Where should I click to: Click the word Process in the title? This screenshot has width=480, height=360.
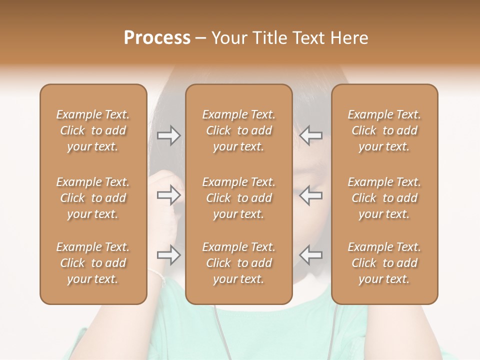pyautogui.click(x=157, y=38)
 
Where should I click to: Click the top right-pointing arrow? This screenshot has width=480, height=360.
pyautogui.click(x=169, y=135)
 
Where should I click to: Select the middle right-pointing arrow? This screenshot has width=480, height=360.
pyautogui.click(x=169, y=195)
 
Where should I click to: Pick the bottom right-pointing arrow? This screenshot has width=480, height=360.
pyautogui.click(x=169, y=255)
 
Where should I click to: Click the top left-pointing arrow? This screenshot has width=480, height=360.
pyautogui.click(x=311, y=135)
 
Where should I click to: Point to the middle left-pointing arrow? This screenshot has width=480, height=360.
pyautogui.click(x=311, y=195)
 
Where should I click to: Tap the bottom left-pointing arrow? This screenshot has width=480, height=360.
pyautogui.click(x=311, y=255)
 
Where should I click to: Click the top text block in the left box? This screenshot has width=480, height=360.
pyautogui.click(x=93, y=130)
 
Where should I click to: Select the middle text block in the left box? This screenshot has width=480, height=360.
pyautogui.click(x=93, y=198)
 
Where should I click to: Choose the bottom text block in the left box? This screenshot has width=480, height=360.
pyautogui.click(x=93, y=263)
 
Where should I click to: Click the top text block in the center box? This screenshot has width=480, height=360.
pyautogui.click(x=238, y=130)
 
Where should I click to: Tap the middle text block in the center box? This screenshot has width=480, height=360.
pyautogui.click(x=238, y=198)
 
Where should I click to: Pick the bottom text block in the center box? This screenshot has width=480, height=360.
pyautogui.click(x=238, y=263)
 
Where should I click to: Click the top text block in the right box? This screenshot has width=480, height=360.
pyautogui.click(x=384, y=130)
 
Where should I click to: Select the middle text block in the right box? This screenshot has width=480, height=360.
pyautogui.click(x=384, y=198)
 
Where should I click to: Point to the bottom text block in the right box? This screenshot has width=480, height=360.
pyautogui.click(x=384, y=263)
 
